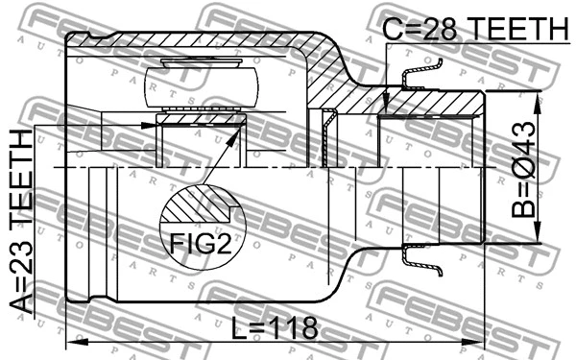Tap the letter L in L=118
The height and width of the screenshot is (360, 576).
click(238, 326)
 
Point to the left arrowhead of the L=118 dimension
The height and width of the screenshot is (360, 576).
click(71, 342)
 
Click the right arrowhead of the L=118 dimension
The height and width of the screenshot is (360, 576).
click(480, 342)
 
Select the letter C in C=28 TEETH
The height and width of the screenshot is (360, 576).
click(392, 28)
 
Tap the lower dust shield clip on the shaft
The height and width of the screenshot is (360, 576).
click(422, 256)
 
